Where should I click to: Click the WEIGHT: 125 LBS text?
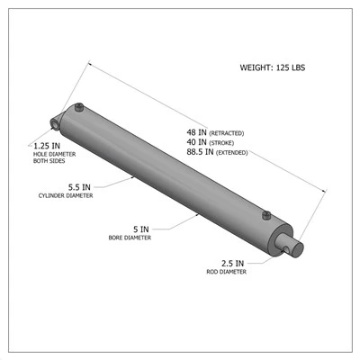[273, 67]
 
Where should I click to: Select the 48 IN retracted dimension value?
[197, 132]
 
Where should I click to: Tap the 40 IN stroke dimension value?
[197, 142]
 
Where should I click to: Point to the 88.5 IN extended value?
[200, 152]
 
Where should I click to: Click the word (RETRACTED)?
[227, 133]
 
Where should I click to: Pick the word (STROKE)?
[221, 143]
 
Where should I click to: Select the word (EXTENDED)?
[232, 153]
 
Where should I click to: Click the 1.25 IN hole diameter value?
[47, 146]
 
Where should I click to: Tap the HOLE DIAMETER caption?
[54, 155]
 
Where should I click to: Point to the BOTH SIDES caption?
[49, 161]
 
